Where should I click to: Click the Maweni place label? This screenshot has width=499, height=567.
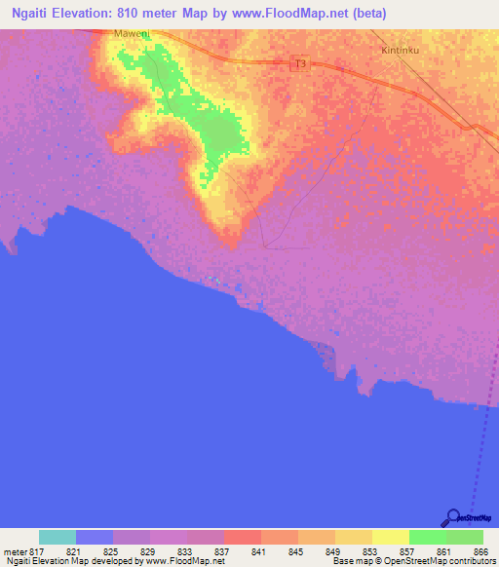[132, 34]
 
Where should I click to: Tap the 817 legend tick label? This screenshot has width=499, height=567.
[38, 552]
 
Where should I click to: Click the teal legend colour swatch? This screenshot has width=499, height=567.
[58, 537]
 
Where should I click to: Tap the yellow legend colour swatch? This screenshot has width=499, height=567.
[390, 537]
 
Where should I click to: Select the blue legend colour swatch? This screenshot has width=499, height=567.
[95, 537]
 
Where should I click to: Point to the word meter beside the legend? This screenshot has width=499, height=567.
[15, 552]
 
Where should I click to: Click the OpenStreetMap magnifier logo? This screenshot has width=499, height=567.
[451, 517]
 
